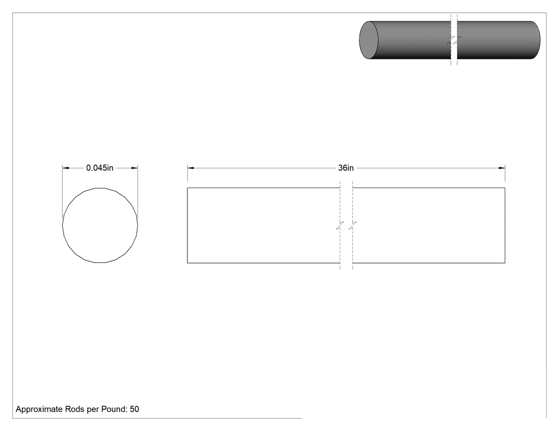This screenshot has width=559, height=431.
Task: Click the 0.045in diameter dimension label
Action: (x=100, y=168)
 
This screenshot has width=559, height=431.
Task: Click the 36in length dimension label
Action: (x=346, y=168)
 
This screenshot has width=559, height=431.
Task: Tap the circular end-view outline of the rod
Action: (x=63, y=225)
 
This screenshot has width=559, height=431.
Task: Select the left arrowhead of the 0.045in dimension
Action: (x=65, y=168)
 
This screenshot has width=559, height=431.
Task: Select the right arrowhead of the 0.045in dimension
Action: (x=134, y=168)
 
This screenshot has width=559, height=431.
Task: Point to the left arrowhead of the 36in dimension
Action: (x=191, y=168)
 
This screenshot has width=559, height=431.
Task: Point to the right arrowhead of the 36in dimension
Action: (x=502, y=168)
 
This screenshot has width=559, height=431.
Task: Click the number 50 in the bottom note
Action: (x=134, y=409)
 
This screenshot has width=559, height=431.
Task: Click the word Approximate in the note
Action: (x=39, y=409)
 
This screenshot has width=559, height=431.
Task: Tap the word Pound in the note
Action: (x=114, y=409)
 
